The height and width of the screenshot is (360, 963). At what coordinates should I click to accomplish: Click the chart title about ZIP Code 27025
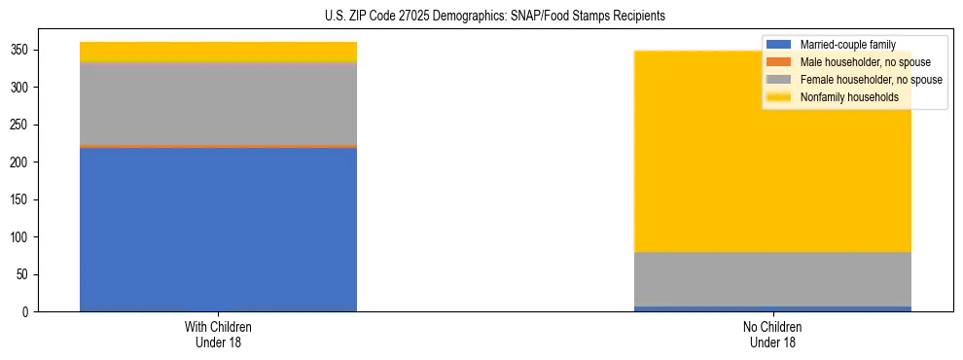coord(494,17)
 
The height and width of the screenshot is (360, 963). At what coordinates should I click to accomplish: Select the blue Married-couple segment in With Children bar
coord(218,230)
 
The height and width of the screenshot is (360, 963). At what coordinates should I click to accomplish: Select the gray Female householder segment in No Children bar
coord(772,279)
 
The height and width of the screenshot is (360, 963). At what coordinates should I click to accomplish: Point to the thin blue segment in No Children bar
coord(772,308)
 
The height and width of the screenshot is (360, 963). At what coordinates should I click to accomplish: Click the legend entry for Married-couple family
coord(847,45)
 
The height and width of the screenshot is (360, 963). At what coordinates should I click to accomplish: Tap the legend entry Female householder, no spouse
coord(871,80)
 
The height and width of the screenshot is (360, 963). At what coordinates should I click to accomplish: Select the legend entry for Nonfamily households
coord(849,97)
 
